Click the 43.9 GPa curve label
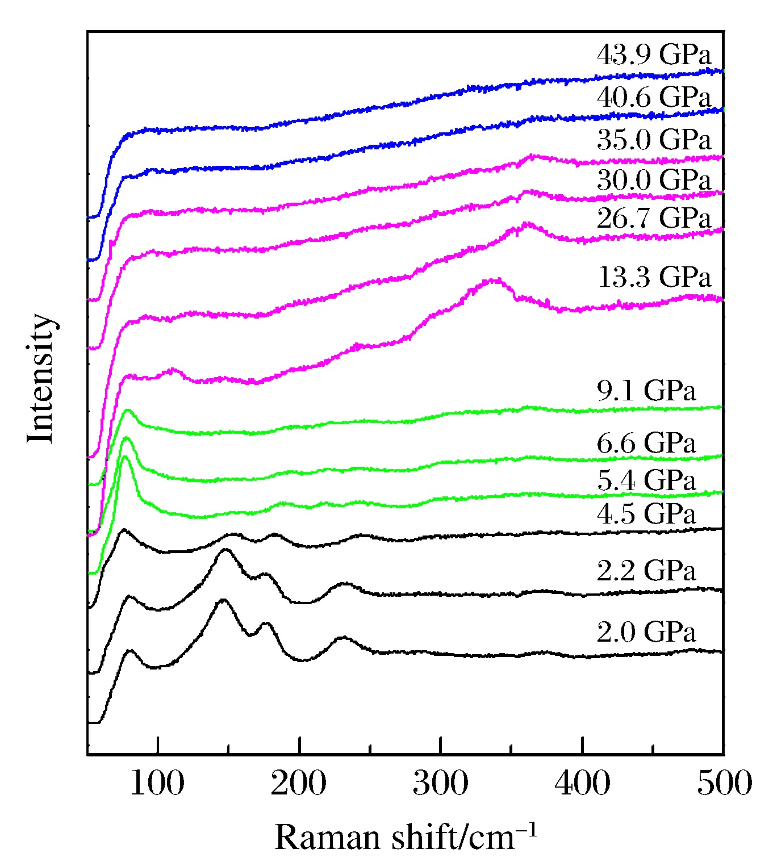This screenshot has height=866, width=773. (654, 56)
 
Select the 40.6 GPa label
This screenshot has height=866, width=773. (654, 98)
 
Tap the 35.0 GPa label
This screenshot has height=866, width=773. (654, 140)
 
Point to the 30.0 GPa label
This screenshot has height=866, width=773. (654, 181)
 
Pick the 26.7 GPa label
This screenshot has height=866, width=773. (654, 219)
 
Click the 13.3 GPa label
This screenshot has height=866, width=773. (654, 278)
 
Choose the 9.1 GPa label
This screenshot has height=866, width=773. (646, 391)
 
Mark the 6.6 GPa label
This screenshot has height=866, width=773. (646, 443)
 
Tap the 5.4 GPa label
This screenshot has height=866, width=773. (646, 481)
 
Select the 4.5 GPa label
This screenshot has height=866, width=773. (646, 514)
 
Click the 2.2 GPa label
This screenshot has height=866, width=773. (646, 571)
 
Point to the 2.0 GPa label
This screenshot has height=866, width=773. (646, 632)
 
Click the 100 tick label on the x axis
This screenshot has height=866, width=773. (157, 783)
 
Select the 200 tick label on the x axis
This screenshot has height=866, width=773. (299, 783)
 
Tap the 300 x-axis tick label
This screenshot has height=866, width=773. (440, 783)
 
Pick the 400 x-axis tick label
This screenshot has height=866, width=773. (582, 783)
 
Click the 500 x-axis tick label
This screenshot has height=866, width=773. (724, 783)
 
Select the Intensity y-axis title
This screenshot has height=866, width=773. (41, 378)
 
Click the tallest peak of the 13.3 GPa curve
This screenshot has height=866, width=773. (493, 279)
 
